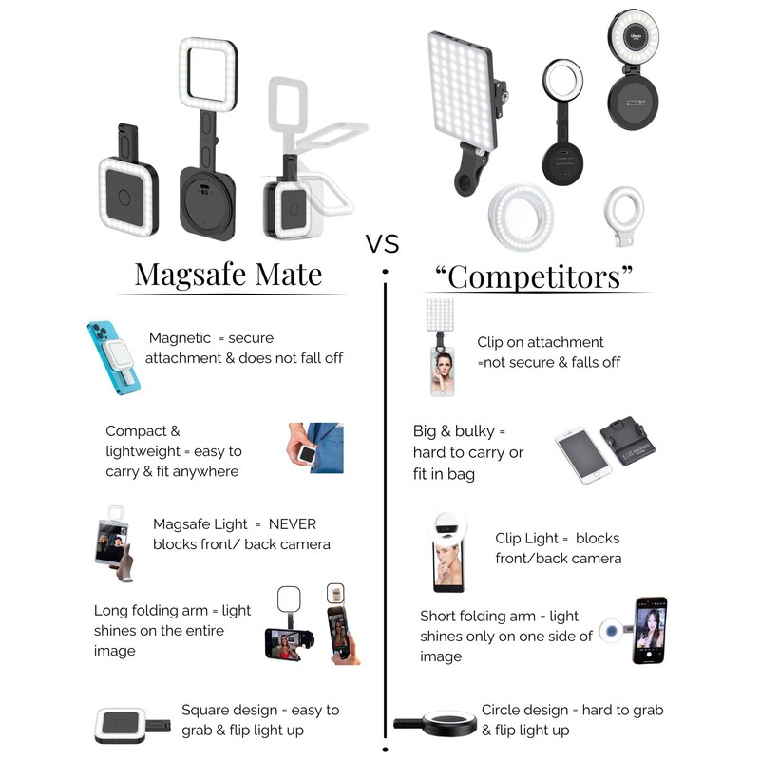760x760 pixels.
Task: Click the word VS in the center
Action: point(382,244)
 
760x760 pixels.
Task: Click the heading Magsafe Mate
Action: point(228,274)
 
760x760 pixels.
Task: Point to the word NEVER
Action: point(293,524)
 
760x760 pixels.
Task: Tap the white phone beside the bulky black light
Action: point(581,456)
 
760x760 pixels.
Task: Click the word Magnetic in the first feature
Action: point(180,338)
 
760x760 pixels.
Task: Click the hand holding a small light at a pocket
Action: point(314,449)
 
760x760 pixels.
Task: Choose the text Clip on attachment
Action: point(540,342)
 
